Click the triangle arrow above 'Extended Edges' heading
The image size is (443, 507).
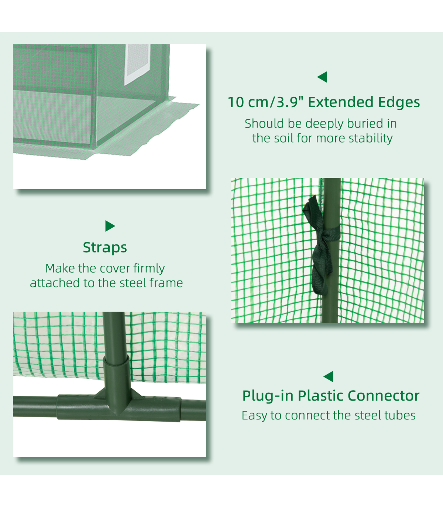pos(323,77)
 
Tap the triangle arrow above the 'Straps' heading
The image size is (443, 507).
pos(110,226)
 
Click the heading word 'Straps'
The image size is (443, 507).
pos(105,247)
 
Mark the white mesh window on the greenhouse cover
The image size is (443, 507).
pos(137,64)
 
